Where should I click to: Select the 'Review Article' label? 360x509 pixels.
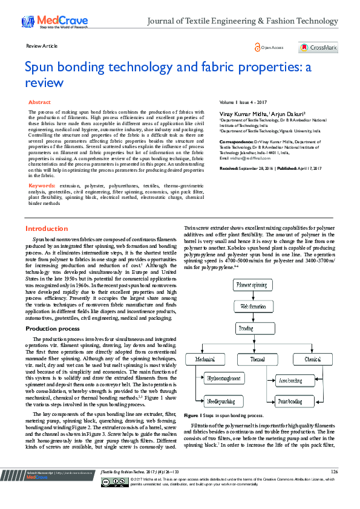42,46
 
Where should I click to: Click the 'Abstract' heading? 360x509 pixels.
40,103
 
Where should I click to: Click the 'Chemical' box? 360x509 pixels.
313,359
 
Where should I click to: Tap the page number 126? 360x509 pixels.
335,488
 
